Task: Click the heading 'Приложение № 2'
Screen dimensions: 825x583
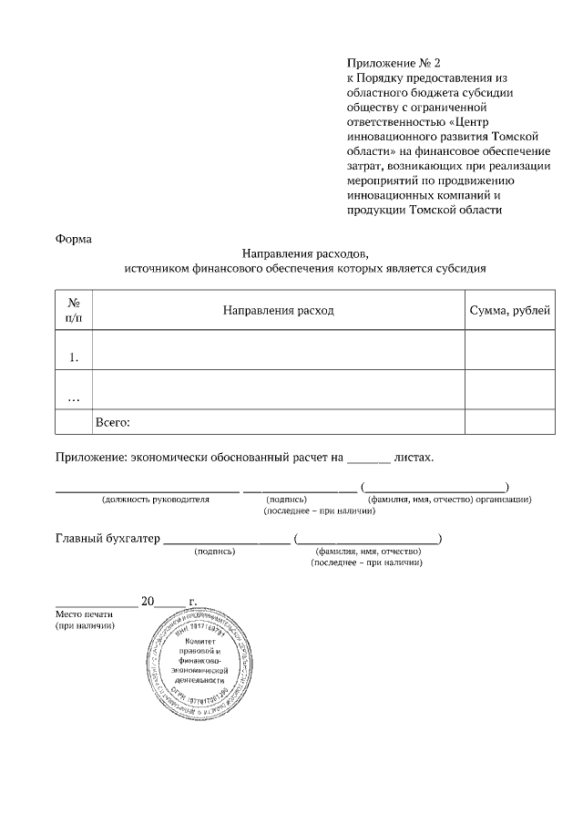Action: pos(393,63)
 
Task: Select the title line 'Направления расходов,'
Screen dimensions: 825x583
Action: pos(305,254)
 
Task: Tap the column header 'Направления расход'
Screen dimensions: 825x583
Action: pos(279,311)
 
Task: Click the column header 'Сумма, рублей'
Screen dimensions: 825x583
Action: pos(509,311)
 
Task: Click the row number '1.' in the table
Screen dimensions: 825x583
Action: pos(74,357)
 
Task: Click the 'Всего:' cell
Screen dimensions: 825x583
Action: pos(114,423)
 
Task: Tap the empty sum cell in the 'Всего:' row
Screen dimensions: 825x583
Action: pos(509,423)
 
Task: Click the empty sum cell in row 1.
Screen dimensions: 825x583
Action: pos(509,350)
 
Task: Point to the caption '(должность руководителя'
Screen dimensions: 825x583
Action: pos(156,500)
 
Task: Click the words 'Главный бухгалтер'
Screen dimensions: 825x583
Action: pos(107,538)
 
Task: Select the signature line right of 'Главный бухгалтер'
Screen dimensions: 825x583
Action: pos(225,541)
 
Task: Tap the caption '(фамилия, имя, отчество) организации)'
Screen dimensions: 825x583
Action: pos(449,500)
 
